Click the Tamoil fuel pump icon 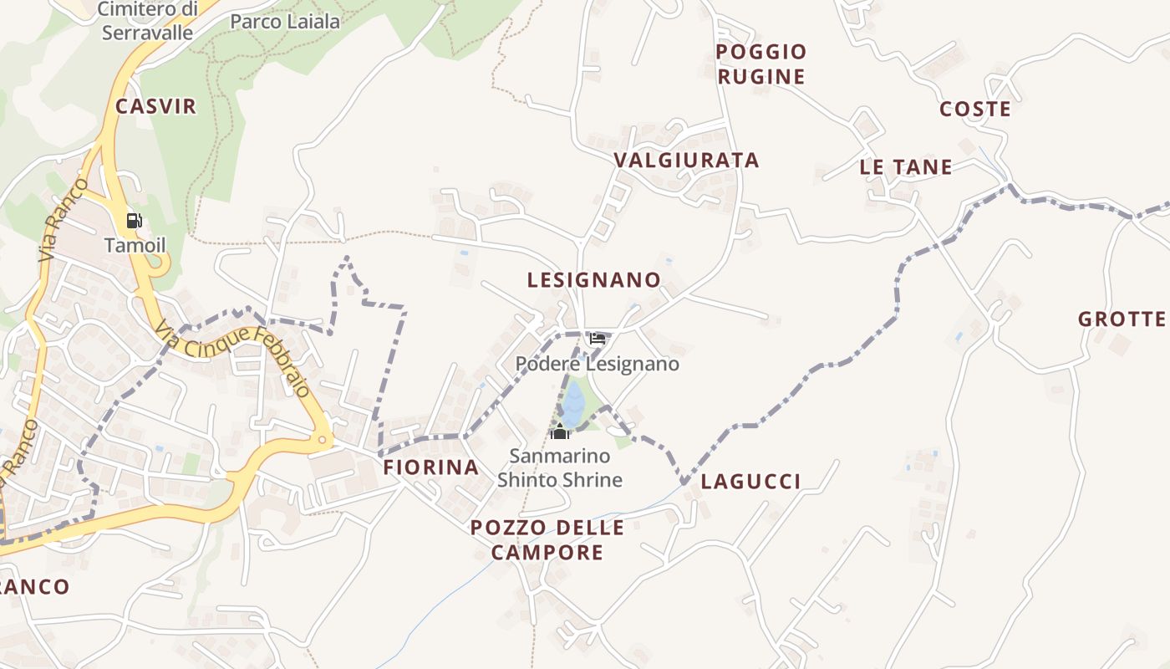click(x=134, y=221)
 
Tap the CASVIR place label click(x=156, y=106)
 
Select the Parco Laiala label click(x=285, y=22)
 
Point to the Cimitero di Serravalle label click(x=147, y=21)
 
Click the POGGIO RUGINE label click(x=761, y=64)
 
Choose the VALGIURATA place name click(x=686, y=161)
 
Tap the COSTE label click(x=975, y=110)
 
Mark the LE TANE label click(x=906, y=167)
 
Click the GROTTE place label click(x=1122, y=319)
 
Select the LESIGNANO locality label click(x=594, y=280)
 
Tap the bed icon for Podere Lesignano click(x=597, y=339)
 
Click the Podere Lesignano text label click(x=597, y=365)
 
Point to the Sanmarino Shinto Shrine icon click(x=560, y=432)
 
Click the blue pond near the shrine click(x=572, y=404)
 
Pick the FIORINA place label click(x=431, y=467)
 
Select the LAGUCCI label click(x=750, y=481)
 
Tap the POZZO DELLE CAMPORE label click(x=547, y=540)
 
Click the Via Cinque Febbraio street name click(x=233, y=360)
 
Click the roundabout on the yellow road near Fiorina click(x=322, y=439)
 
